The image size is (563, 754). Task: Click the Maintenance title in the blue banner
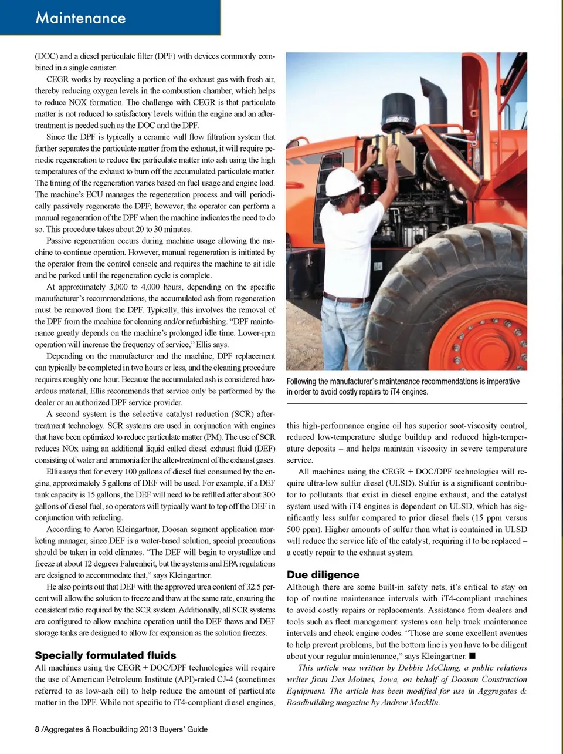80,18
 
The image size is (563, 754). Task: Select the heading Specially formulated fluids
106,655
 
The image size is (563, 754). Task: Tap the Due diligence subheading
323,575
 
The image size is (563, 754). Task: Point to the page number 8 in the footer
37,729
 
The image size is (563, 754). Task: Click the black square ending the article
472,656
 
